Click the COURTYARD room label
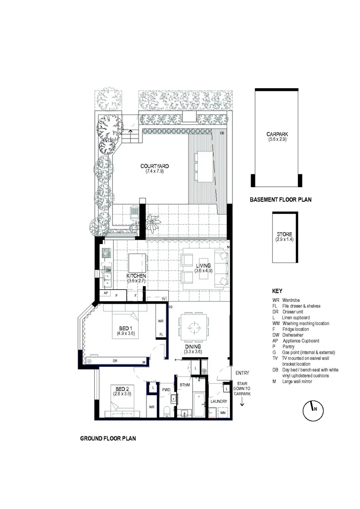155,166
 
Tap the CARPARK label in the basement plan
277,134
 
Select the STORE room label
284,234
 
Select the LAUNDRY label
219,402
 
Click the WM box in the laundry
223,413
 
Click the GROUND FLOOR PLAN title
108,438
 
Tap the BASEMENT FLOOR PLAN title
280,200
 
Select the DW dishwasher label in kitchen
108,270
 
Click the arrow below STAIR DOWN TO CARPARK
242,402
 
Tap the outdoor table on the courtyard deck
205,166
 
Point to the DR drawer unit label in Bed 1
115,361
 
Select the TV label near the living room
164,299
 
